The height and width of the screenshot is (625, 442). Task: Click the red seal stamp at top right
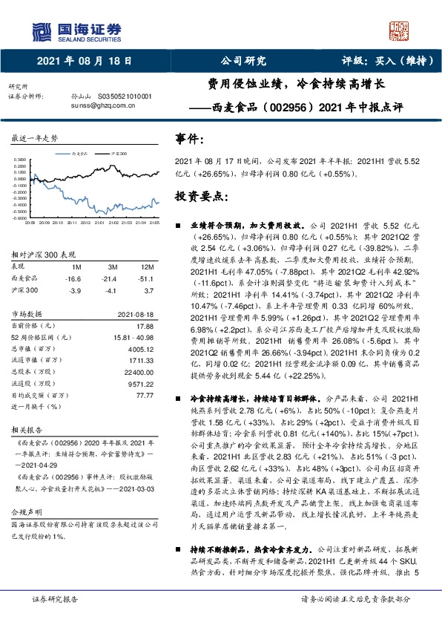[400, 30]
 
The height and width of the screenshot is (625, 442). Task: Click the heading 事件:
[187, 138]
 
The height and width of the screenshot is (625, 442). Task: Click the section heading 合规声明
[27, 511]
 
